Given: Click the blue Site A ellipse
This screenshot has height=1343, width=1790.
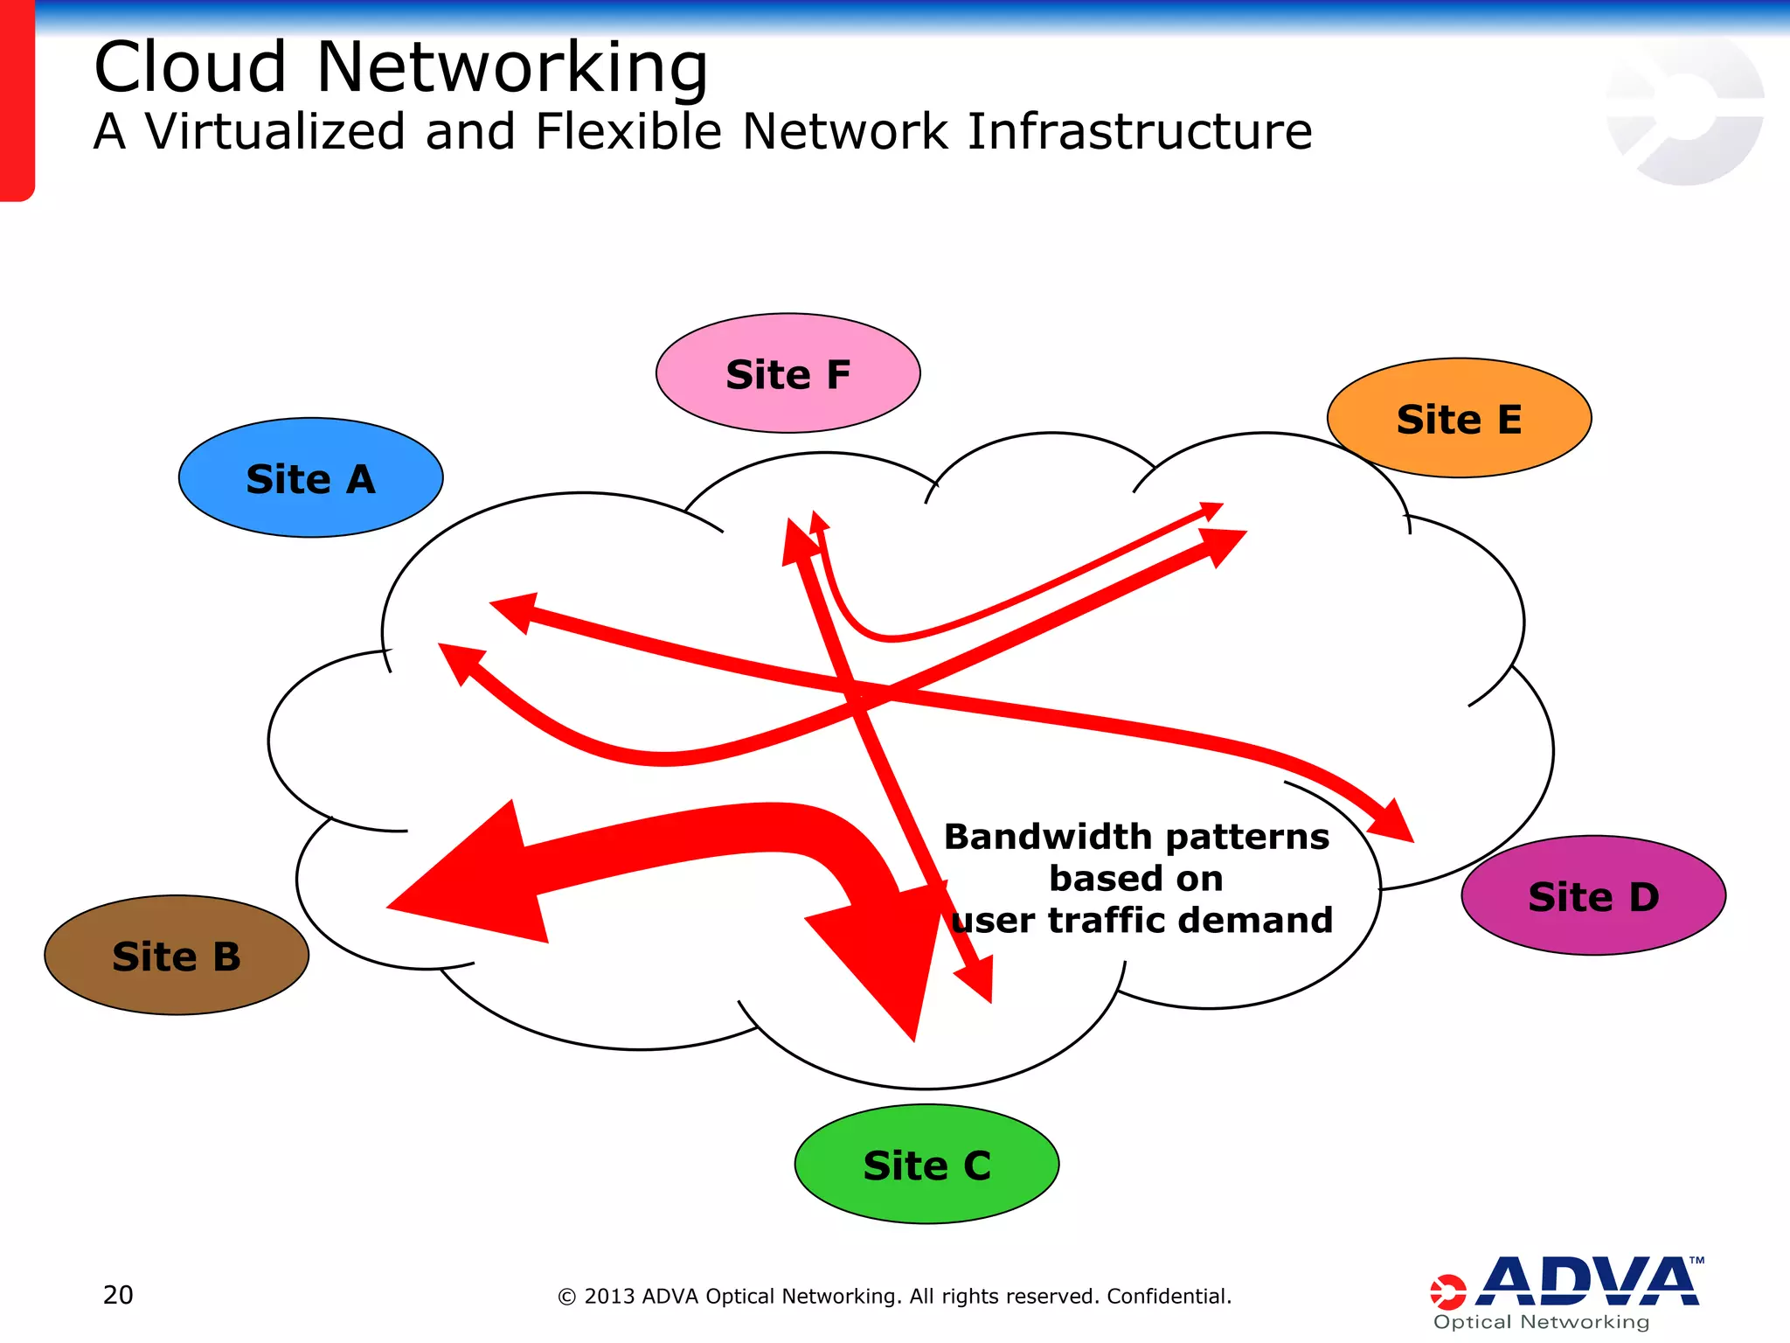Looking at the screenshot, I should click(310, 477).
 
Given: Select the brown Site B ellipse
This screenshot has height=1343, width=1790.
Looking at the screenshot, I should click(176, 955).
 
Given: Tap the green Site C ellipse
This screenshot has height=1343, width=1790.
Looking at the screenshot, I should click(926, 1164).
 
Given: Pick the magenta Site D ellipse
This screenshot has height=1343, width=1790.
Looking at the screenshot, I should click(1592, 895).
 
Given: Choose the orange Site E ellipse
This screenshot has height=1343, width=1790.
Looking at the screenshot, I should click(1458, 418).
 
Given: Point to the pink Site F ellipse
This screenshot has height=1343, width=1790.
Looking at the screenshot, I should click(787, 373).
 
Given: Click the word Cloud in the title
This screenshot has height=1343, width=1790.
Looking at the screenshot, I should click(190, 67).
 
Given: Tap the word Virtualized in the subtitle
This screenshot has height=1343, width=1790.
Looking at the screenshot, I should click(275, 132).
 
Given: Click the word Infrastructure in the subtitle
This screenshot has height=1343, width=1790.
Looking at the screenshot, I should click(1139, 132).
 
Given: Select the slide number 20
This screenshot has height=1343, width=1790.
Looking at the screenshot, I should click(118, 1295).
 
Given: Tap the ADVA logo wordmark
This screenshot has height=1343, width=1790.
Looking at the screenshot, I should click(1586, 1282).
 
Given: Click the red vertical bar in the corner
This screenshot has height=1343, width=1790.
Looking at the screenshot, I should click(17, 101).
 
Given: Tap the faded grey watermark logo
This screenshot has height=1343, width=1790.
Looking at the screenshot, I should click(1683, 109).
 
